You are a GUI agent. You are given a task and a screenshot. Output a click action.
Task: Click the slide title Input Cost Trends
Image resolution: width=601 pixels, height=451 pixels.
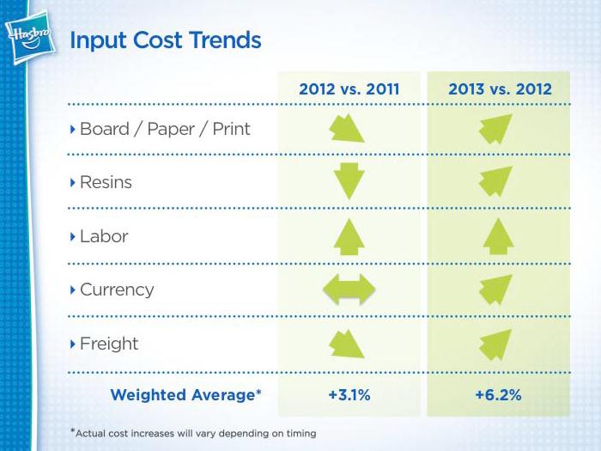pos(165,40)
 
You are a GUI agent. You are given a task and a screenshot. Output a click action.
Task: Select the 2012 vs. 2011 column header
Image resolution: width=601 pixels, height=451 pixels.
pos(349,88)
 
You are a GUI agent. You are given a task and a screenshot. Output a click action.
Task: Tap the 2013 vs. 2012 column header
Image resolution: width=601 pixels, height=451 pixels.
pos(499,88)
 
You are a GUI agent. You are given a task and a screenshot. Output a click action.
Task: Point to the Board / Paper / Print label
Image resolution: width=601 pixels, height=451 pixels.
pos(164,130)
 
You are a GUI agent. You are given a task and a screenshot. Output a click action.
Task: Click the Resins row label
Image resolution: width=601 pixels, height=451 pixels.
pos(105,183)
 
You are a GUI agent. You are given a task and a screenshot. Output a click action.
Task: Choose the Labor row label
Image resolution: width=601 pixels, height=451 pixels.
pos(104,236)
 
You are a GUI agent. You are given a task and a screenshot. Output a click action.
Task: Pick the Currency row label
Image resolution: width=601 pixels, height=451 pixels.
pos(116,289)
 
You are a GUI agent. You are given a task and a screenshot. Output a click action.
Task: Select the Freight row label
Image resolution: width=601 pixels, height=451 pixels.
pos(108,344)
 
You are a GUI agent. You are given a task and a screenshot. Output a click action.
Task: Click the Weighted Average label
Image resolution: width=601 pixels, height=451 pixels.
pos(185,395)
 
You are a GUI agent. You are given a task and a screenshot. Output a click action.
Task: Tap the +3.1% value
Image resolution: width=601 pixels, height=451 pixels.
pos(349,395)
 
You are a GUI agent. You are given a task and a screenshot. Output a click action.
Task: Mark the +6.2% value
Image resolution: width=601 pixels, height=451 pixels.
pos(499,395)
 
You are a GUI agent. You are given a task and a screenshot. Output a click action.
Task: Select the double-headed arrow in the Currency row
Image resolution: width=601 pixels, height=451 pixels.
pos(349,289)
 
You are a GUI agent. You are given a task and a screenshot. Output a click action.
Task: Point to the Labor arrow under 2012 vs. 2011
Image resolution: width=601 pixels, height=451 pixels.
pos(349,236)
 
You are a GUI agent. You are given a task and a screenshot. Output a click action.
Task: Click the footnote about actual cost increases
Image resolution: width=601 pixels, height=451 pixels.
pos(196,433)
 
